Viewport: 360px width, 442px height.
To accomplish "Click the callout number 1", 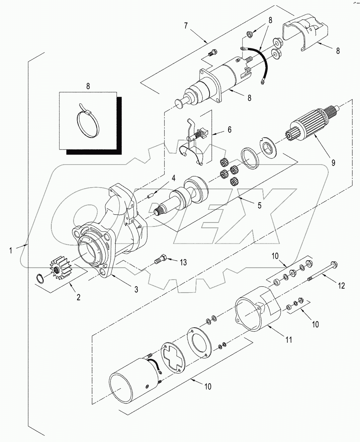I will point(11,250).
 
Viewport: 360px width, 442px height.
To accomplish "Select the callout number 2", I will point(78,297).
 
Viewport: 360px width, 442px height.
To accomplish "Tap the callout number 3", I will point(136,289).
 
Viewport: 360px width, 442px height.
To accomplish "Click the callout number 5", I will point(259,205).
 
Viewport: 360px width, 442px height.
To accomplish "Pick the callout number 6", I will point(229,129).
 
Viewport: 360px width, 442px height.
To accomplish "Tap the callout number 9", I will point(333,163).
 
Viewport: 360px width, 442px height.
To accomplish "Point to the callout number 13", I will point(183,263).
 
